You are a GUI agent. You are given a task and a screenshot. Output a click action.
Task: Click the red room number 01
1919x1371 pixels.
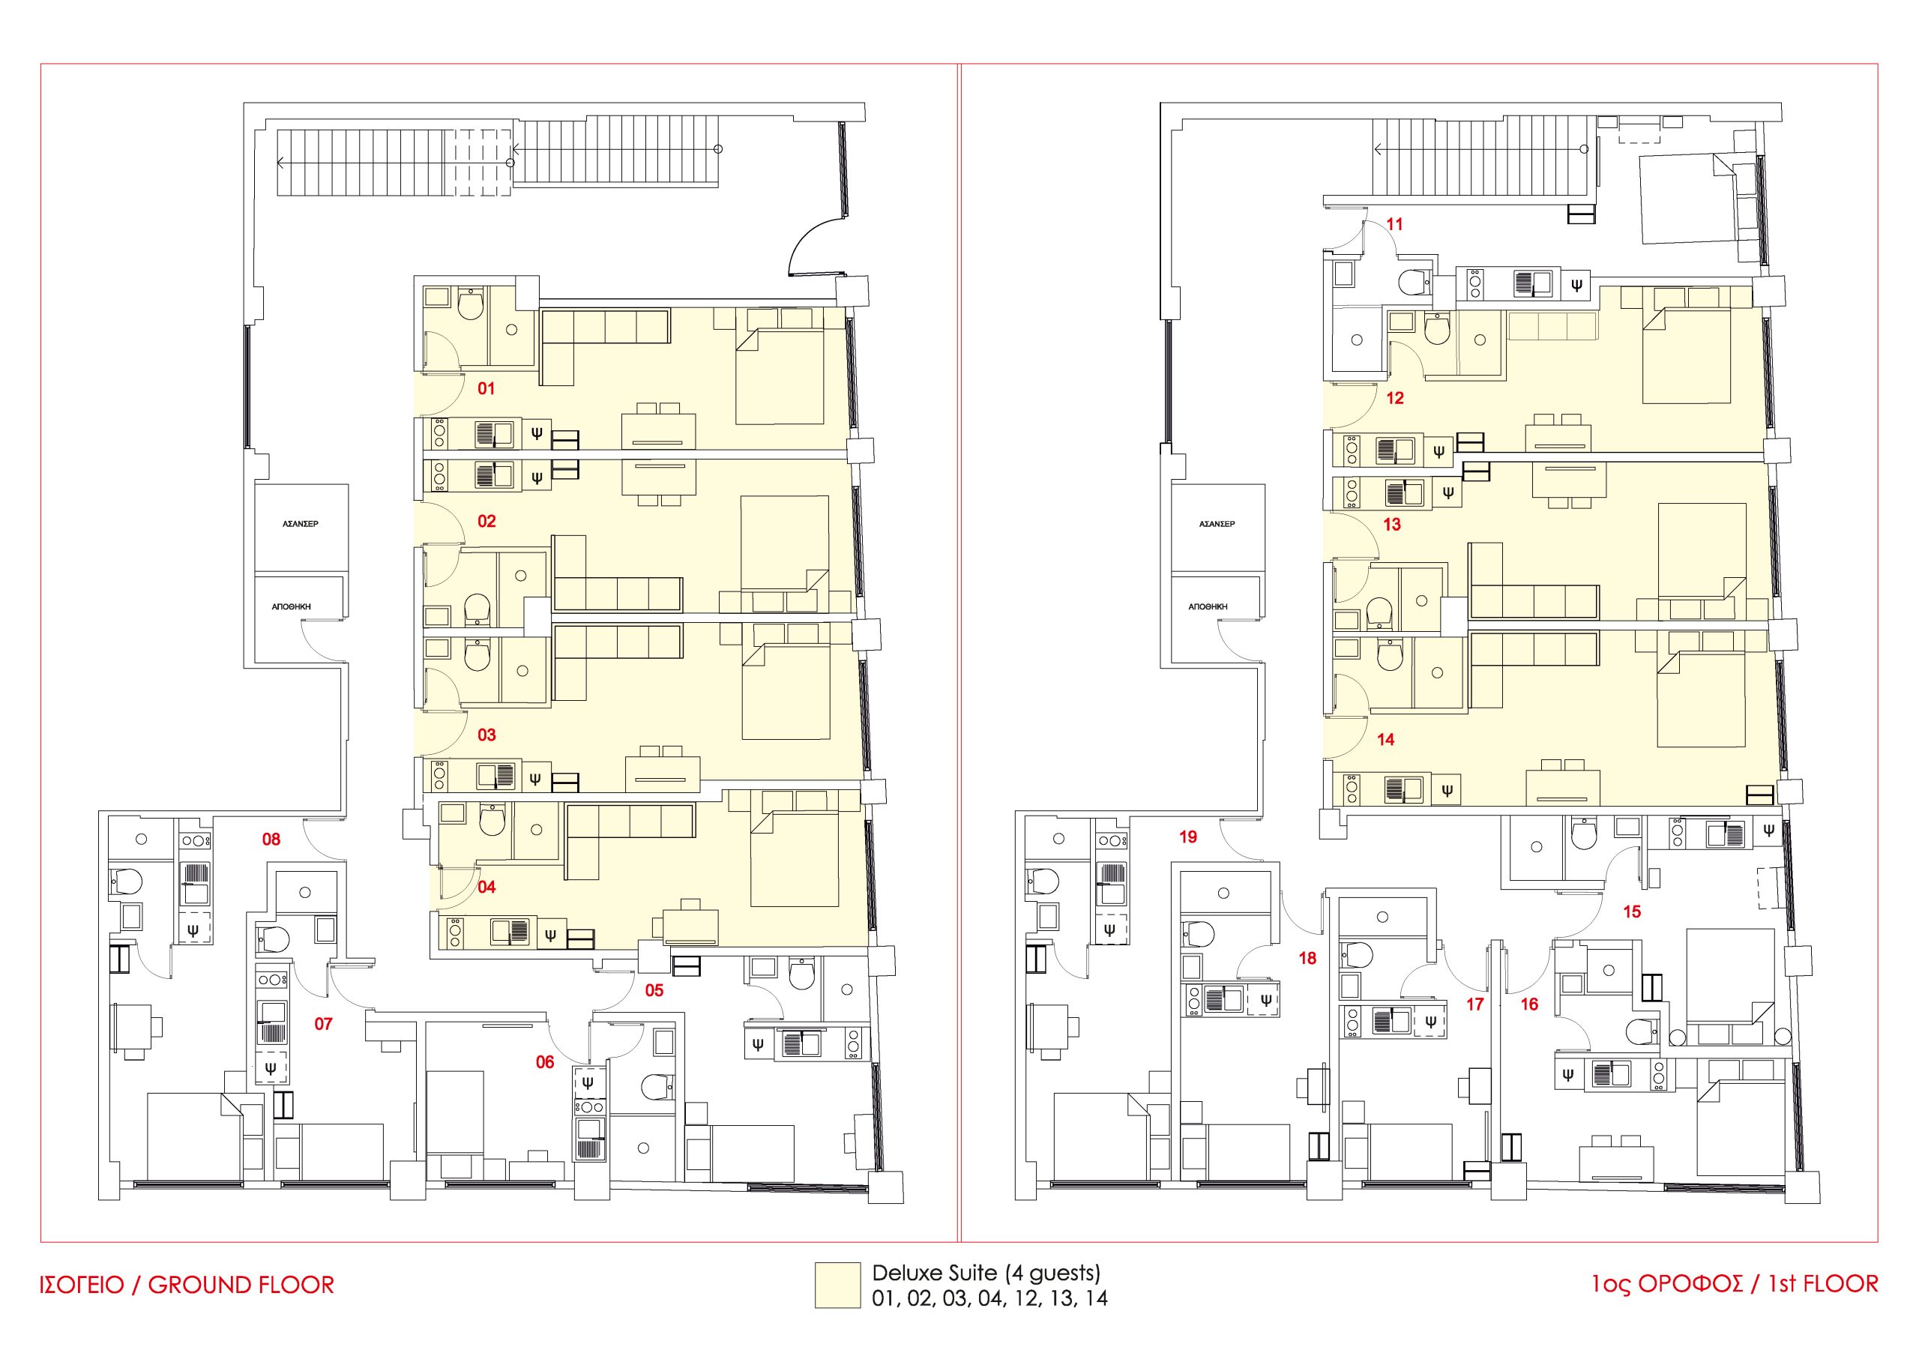click(x=486, y=389)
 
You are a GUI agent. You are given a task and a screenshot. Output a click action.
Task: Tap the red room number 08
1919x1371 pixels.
click(x=271, y=839)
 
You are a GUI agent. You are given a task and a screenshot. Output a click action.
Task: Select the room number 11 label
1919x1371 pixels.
click(x=1395, y=225)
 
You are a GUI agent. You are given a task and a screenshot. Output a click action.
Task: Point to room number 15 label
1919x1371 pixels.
click(x=1632, y=912)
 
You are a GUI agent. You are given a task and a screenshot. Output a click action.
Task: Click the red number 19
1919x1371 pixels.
click(x=1188, y=837)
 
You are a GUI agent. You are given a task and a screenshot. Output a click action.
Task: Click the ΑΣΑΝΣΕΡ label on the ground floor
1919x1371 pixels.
click(x=301, y=524)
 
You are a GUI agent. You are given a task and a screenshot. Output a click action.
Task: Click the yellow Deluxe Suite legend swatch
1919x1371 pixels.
click(x=837, y=1286)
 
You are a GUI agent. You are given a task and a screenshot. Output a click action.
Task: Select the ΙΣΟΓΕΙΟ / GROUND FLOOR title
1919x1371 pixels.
click(x=187, y=1285)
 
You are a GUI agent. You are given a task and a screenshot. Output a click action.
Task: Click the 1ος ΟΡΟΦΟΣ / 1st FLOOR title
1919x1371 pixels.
click(x=1735, y=1284)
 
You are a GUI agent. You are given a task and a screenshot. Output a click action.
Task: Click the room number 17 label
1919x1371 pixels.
click(x=1475, y=1004)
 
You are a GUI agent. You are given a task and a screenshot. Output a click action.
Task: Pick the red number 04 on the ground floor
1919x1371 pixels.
click(x=486, y=888)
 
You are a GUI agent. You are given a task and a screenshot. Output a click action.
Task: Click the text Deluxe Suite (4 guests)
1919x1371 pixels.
click(x=986, y=1272)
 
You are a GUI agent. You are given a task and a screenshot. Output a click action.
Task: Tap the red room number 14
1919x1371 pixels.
click(x=1385, y=740)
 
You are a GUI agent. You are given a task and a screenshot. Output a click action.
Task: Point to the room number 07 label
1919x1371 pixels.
click(x=323, y=1024)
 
